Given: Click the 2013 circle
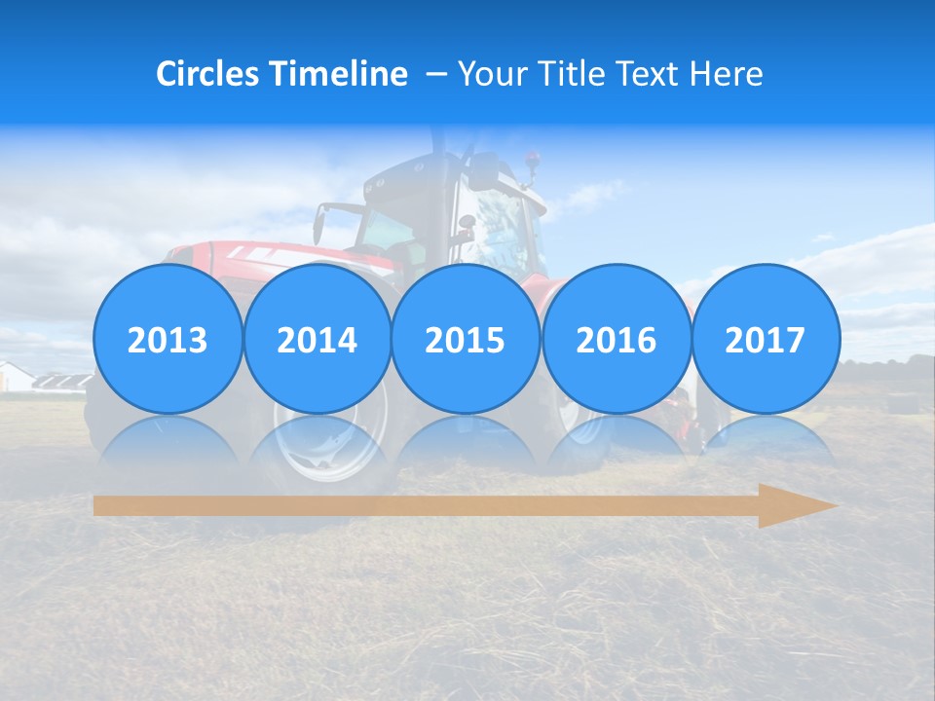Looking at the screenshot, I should (x=168, y=339).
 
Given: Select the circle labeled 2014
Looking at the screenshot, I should (x=317, y=339).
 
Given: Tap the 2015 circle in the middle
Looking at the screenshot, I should (x=466, y=339).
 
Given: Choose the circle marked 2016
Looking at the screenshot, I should (x=616, y=339).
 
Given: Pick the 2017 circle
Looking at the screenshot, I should (x=766, y=339).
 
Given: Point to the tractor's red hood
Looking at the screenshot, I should (x=292, y=257).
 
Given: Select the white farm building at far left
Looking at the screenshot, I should (x=16, y=377).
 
